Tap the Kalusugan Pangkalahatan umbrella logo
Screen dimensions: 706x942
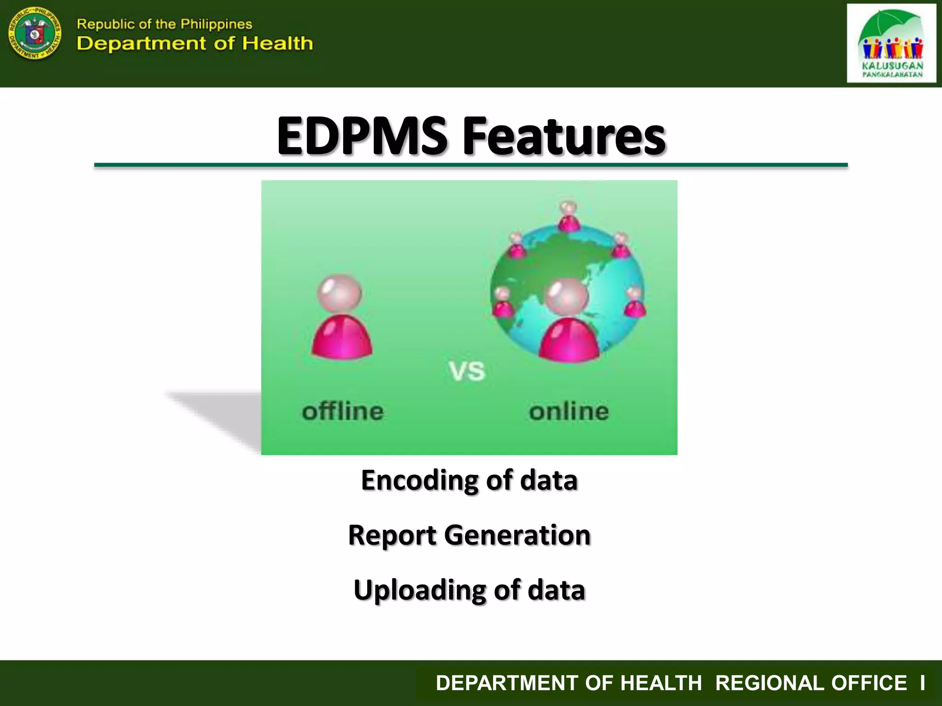[891, 43]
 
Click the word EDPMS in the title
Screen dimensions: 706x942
[362, 136]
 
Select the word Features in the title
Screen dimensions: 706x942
[564, 136]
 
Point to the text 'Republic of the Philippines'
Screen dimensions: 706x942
[164, 24]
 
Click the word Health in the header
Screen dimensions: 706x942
[277, 44]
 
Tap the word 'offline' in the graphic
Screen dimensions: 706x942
[343, 411]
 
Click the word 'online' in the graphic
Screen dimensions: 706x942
[569, 411]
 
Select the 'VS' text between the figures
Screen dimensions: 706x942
[467, 371]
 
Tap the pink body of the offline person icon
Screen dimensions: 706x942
[342, 338]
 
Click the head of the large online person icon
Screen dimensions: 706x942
[567, 297]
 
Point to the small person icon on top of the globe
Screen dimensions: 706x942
[569, 216]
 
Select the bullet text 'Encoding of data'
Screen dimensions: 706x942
[469, 480]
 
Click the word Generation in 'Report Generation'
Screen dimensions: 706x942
[517, 535]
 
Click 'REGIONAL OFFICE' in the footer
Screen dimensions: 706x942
[811, 683]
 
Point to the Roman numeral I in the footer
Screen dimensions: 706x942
[922, 683]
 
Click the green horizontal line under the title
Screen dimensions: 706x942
[471, 165]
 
